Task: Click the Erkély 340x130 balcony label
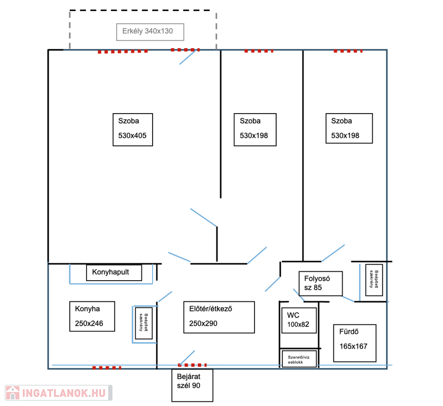150,32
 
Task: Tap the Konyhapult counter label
114,273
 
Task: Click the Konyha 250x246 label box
92,316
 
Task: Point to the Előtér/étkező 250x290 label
219,317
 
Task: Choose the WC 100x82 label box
298,320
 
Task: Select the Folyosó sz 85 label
321,284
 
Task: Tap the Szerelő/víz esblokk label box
299,359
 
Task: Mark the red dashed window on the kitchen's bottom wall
106,367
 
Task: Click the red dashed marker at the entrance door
192,365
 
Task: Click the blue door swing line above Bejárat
187,357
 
